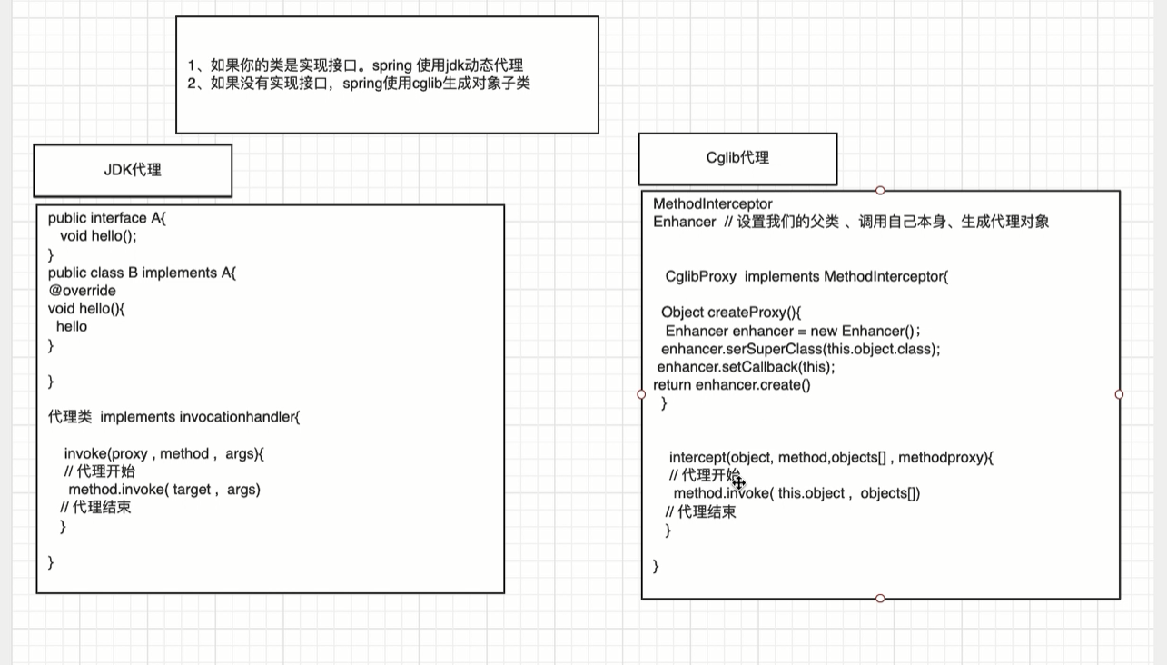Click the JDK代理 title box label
tap(133, 170)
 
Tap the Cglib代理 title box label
tap(737, 158)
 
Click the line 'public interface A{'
tap(107, 218)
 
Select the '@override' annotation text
tap(82, 291)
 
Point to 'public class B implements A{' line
tap(142, 273)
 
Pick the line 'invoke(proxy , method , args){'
tap(163, 453)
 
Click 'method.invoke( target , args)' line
tap(164, 490)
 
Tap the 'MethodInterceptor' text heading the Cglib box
tap(713, 203)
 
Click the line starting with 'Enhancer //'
tap(851, 222)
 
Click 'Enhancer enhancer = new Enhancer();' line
tap(793, 331)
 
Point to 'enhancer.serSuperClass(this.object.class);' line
tap(801, 349)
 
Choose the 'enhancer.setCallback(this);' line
tap(746, 367)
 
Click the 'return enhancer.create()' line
tap(732, 385)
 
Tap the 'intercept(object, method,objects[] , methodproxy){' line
tap(831, 458)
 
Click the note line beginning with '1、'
tap(355, 65)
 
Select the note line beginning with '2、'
tap(359, 84)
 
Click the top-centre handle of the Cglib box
tap(880, 191)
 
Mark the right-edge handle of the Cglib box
tap(1119, 394)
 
